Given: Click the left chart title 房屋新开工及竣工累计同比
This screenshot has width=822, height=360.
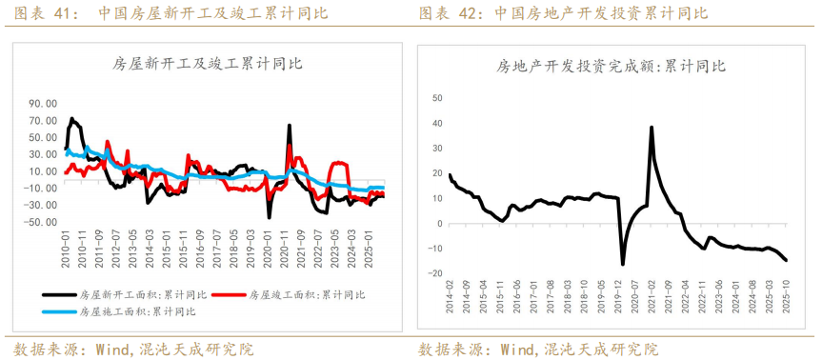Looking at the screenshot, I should pyautogui.click(x=208, y=64).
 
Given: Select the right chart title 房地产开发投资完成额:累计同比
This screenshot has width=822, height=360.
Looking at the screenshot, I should pyautogui.click(x=611, y=67).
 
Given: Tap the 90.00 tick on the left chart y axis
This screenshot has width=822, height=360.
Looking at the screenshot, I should pyautogui.click(x=43, y=104).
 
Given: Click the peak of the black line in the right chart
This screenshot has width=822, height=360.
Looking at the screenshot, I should pyautogui.click(x=652, y=127).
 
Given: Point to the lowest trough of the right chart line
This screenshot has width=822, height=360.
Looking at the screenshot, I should pyautogui.click(x=623, y=264).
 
